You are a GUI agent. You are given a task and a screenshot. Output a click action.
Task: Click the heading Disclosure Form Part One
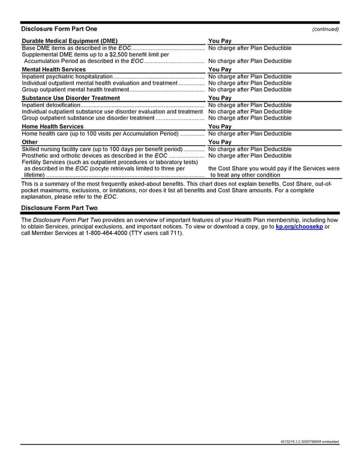tap(59, 29)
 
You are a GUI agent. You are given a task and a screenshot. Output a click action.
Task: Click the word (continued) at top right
tap(326, 29)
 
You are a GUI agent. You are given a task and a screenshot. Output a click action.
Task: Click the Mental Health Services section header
tap(53, 70)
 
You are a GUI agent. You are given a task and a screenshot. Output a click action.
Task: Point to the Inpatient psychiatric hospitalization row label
tap(67, 76)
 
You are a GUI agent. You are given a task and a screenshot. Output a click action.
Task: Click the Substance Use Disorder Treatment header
tap(71, 98)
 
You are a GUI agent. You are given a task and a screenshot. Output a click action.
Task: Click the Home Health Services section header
tap(52, 127)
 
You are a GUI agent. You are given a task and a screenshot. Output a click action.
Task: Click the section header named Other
tap(29, 142)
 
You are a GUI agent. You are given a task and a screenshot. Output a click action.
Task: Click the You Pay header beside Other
tap(220, 142)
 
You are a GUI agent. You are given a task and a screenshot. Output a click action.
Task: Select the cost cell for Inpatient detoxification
tap(250, 105)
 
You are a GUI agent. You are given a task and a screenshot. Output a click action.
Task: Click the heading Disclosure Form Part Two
tap(59, 208)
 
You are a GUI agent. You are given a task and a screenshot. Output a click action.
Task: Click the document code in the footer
tap(310, 443)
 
